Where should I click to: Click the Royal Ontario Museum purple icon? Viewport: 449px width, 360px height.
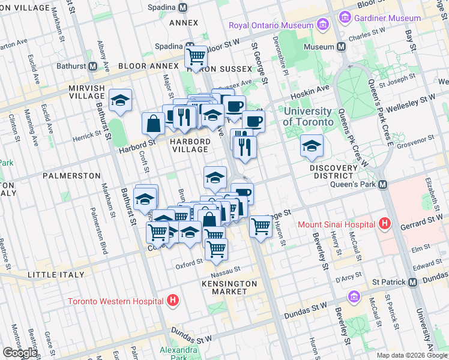(x=323, y=25)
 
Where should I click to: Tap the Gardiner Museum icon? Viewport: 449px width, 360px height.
(x=345, y=18)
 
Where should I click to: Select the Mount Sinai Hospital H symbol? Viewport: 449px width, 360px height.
(x=385, y=225)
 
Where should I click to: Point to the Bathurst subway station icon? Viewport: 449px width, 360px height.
(x=93, y=66)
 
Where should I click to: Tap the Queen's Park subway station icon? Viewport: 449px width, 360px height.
(x=382, y=184)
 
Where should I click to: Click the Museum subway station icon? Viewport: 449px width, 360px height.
(x=340, y=47)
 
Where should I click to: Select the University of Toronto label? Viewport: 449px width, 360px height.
(x=307, y=116)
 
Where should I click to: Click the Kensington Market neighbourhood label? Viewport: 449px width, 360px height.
(x=229, y=287)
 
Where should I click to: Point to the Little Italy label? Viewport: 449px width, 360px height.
(x=52, y=275)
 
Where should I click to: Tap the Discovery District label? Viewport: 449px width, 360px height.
(x=333, y=172)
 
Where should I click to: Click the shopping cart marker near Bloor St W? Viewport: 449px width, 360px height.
(x=196, y=58)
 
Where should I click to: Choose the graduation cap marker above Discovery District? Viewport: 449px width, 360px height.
(x=311, y=146)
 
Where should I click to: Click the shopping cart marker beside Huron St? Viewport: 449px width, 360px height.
(x=260, y=227)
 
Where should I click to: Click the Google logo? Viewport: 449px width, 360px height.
(x=20, y=353)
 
